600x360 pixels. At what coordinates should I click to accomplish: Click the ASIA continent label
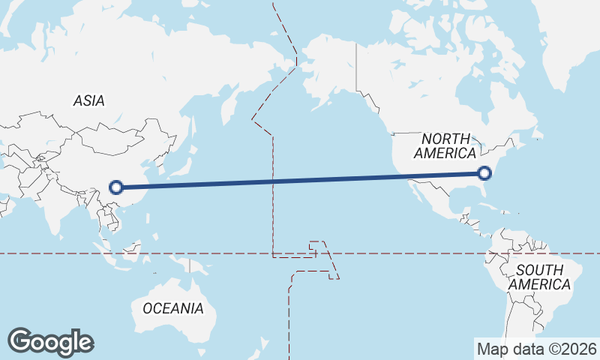[88, 100]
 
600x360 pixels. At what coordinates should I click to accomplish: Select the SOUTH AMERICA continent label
[538, 277]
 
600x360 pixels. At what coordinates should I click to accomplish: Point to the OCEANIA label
[172, 308]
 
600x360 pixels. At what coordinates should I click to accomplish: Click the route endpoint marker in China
[115, 187]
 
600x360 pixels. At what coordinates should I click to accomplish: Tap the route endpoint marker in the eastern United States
[484, 173]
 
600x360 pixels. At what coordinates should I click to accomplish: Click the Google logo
[50, 342]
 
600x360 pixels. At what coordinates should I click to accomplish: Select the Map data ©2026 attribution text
[536, 349]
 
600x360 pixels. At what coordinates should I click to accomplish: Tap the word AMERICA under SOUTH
[538, 285]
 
